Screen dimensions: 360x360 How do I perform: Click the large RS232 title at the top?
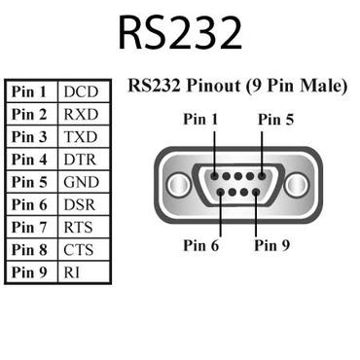(180, 33)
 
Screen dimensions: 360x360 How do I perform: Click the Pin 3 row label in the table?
(29, 136)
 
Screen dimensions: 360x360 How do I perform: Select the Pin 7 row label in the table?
(29, 227)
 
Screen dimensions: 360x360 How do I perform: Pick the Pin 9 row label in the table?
(29, 271)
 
